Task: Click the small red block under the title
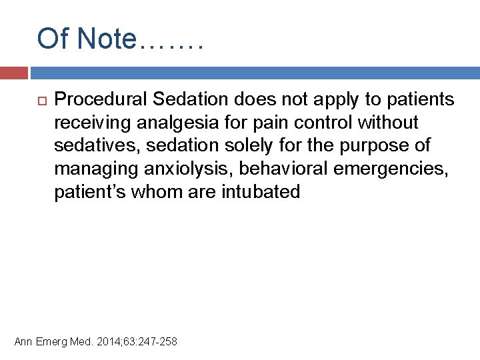point(13,73)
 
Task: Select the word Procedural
point(100,100)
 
